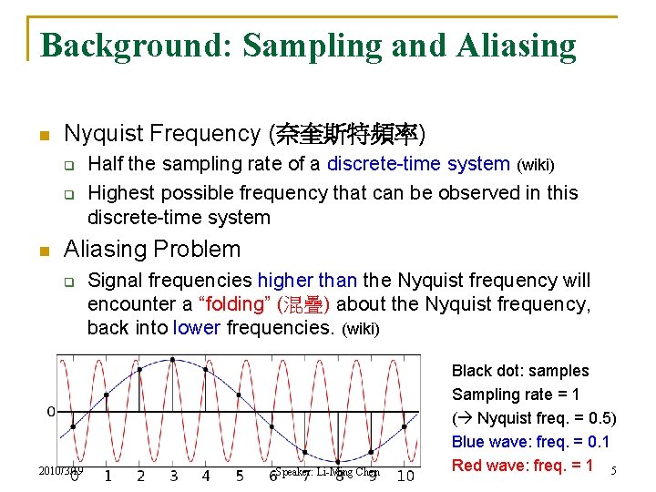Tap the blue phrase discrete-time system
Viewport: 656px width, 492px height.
(418, 164)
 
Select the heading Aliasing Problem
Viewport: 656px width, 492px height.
(152, 249)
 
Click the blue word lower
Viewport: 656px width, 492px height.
(197, 327)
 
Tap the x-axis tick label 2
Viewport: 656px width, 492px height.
(140, 476)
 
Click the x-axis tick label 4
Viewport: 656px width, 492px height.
(206, 476)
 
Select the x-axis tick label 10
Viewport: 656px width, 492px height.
(405, 476)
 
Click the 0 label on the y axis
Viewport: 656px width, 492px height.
(52, 412)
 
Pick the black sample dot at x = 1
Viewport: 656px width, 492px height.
(107, 395)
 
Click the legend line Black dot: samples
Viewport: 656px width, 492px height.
(520, 371)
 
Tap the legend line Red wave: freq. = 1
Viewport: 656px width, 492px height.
(522, 466)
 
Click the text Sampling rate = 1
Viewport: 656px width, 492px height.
(515, 395)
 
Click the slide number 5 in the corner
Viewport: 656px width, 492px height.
(613, 471)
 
